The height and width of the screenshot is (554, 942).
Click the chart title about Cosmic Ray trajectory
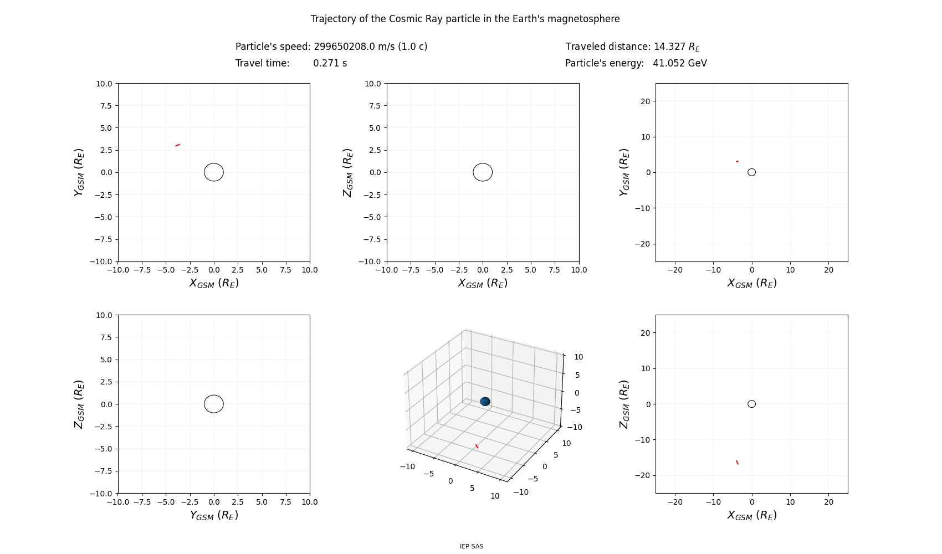click(465, 19)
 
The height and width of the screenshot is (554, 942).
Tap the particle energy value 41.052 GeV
click(679, 63)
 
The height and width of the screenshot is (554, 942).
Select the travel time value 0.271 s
click(330, 63)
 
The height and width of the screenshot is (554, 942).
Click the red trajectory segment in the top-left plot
click(177, 145)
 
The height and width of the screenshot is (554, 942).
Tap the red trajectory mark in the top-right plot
click(737, 161)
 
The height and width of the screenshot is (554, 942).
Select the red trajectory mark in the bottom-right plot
click(737, 462)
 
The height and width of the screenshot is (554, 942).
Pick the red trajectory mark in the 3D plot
click(477, 446)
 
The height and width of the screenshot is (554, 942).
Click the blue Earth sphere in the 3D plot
click(485, 402)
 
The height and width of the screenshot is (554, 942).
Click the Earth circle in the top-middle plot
click(483, 172)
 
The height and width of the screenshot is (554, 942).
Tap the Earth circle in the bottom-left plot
click(214, 404)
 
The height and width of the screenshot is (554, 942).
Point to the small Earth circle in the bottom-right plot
click(751, 404)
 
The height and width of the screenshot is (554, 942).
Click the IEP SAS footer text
click(471, 546)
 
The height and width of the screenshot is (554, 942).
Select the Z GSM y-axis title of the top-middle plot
click(348, 172)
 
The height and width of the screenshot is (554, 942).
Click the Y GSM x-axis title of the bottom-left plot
click(214, 515)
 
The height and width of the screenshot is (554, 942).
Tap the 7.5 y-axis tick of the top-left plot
click(105, 106)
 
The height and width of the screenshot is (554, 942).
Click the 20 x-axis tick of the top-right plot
click(828, 270)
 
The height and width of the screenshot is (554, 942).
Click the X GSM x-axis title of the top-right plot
click(751, 283)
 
